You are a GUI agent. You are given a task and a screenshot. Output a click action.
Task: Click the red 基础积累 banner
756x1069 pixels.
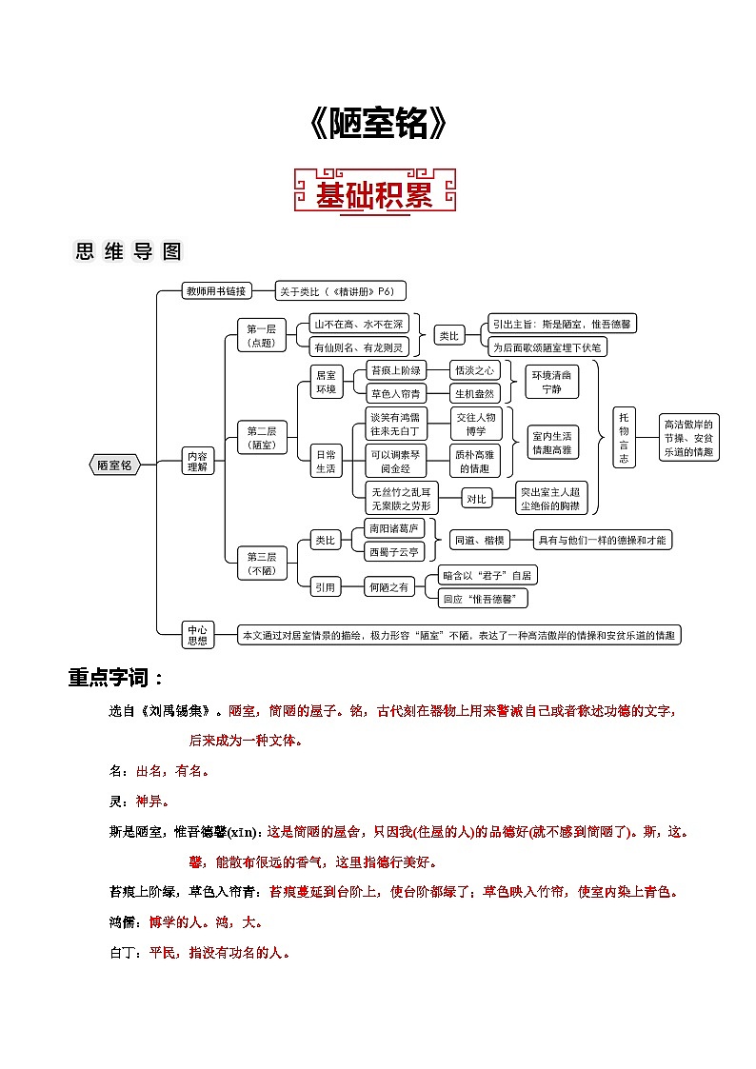click(x=376, y=193)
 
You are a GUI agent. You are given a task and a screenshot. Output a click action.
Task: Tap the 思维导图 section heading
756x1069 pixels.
click(x=128, y=251)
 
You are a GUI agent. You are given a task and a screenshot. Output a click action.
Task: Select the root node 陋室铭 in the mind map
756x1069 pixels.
click(x=115, y=465)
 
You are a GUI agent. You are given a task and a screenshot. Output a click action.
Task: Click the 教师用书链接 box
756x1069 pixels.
click(x=216, y=290)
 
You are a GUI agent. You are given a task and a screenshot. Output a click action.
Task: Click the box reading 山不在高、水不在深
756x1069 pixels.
click(x=359, y=325)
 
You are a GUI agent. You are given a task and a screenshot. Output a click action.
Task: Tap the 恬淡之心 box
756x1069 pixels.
click(x=475, y=370)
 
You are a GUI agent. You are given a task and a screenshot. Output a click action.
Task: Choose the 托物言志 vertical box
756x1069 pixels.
click(x=624, y=437)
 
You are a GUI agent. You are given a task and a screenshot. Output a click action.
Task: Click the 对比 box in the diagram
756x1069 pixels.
click(x=475, y=498)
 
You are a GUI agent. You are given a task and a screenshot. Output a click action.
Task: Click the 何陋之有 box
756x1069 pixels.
click(x=389, y=587)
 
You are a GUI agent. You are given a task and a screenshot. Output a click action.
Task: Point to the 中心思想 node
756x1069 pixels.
click(x=197, y=635)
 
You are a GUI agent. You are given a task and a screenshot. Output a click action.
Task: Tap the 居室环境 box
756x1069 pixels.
click(x=325, y=382)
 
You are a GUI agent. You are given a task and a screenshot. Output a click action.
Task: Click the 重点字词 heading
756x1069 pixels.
click(x=115, y=678)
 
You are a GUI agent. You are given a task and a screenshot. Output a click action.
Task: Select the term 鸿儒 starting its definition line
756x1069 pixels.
click(x=123, y=922)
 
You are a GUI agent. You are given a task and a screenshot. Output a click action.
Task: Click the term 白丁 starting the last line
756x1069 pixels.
click(x=123, y=952)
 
